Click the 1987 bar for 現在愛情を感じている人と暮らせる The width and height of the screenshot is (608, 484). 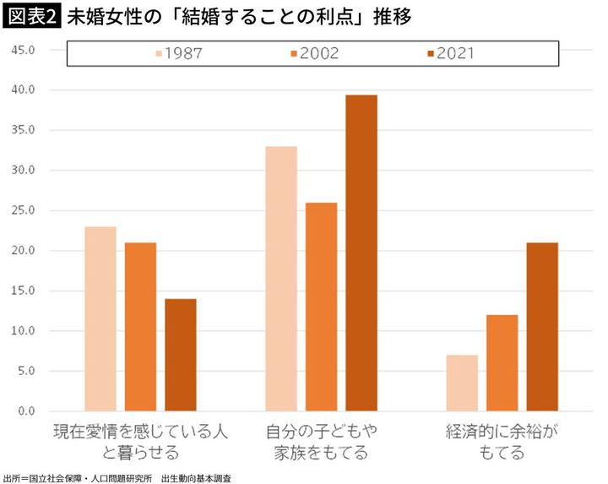(x=100, y=319)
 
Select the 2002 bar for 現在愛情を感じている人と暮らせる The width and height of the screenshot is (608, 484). (x=140, y=327)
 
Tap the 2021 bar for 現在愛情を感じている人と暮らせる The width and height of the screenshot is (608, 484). (x=181, y=355)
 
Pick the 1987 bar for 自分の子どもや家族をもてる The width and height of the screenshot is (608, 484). (x=281, y=279)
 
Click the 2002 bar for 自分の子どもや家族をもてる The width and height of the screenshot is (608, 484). (x=321, y=307)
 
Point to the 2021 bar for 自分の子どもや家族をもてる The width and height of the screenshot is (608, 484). (x=361, y=253)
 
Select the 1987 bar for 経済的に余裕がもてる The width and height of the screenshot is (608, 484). (x=462, y=383)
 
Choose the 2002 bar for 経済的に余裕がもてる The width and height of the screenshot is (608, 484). (x=502, y=363)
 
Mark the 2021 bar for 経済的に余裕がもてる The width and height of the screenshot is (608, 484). (x=542, y=327)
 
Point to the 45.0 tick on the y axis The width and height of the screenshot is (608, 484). (x=23, y=50)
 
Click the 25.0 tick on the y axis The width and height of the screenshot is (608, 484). (x=23, y=210)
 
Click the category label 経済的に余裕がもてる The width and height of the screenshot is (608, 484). (x=502, y=442)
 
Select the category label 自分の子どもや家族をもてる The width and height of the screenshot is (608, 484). (x=321, y=442)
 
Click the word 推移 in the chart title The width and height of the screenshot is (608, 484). (x=394, y=17)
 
